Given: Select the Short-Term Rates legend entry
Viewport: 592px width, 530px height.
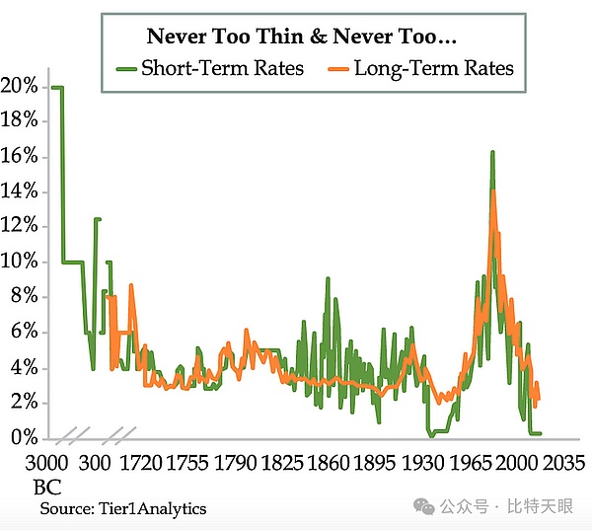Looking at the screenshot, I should (x=221, y=68).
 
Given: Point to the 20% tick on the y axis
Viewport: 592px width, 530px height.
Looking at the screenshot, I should (x=19, y=87).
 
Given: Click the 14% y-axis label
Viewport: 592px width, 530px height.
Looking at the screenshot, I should (x=19, y=191).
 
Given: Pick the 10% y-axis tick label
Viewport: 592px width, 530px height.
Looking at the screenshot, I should (x=19, y=262).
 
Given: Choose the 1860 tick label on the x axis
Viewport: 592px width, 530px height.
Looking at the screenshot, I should (x=329, y=464).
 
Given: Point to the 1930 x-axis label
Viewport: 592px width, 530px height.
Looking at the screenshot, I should (x=422, y=464).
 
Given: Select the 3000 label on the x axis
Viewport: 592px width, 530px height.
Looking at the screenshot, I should (x=50, y=464).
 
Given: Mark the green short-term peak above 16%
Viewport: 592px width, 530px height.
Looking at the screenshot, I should (x=490, y=152).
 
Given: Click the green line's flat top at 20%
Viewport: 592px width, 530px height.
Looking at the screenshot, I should (x=57, y=87).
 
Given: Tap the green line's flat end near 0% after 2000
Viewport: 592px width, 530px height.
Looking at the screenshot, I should (x=535, y=433).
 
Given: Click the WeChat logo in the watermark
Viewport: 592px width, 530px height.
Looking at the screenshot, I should (x=423, y=507).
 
